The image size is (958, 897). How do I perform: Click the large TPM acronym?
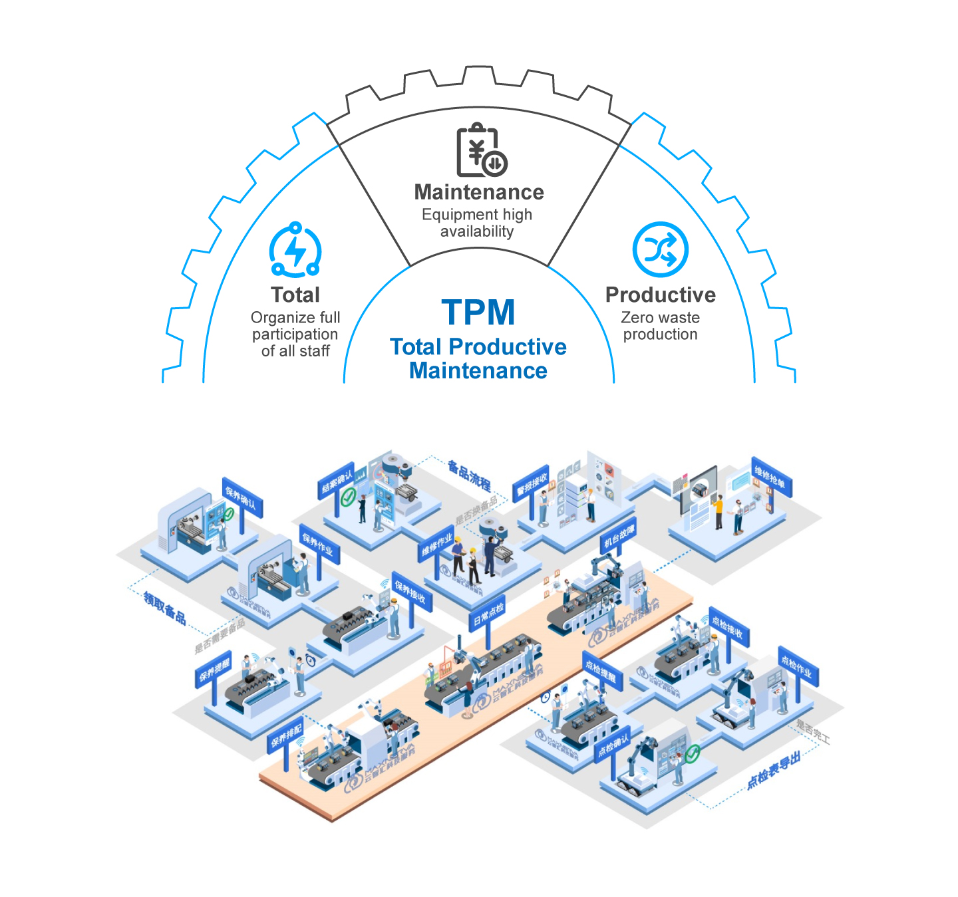pyautogui.click(x=478, y=313)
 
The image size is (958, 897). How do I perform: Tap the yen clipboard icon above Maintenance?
pyautogui.click(x=480, y=150)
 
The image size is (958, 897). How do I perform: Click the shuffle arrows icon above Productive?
pyautogui.click(x=660, y=250)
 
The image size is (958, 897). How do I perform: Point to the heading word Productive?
pyautogui.click(x=660, y=295)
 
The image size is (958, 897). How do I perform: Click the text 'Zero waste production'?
pyautogui.click(x=660, y=326)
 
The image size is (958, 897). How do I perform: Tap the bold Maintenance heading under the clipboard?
pyautogui.click(x=479, y=192)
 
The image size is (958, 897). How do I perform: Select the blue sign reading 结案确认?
pyautogui.click(x=337, y=481)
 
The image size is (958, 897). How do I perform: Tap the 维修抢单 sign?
pyautogui.click(x=770, y=477)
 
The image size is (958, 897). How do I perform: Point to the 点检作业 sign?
pyautogui.click(x=797, y=667)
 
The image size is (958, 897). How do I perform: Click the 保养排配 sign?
pyautogui.click(x=287, y=735)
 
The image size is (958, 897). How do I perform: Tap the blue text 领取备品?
pyautogui.click(x=165, y=607)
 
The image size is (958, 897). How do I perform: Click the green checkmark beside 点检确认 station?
pyautogui.click(x=693, y=753)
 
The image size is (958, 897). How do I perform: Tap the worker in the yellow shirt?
pyautogui.click(x=718, y=509)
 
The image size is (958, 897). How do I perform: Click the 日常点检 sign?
pyautogui.click(x=488, y=616)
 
